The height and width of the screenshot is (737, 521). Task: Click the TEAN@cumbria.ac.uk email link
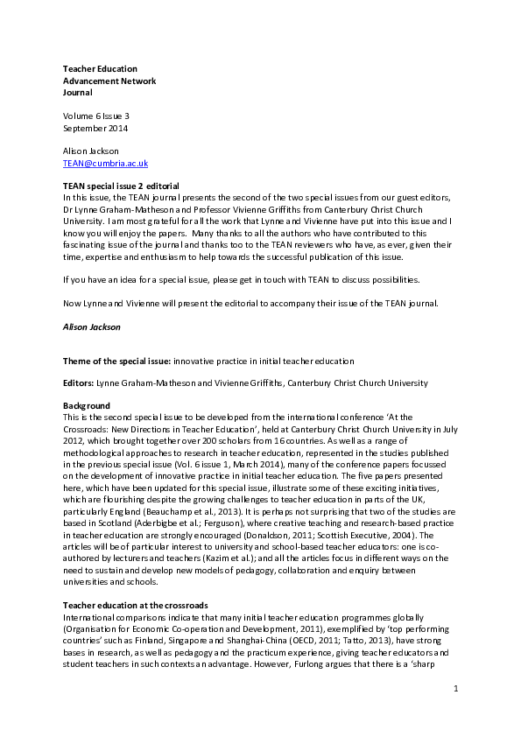coord(105,164)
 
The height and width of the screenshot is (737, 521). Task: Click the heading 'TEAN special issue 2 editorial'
coord(121,186)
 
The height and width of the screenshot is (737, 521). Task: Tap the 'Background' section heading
coord(86,406)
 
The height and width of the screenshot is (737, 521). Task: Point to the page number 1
coord(456,714)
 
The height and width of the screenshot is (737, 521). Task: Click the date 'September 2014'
coord(95,128)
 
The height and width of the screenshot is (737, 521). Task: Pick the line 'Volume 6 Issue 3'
coord(95,116)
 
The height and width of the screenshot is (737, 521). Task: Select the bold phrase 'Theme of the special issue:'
coord(116,360)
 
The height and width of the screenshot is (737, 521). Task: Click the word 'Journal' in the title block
coord(77,92)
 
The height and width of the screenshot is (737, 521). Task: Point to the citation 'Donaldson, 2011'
coord(372,531)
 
